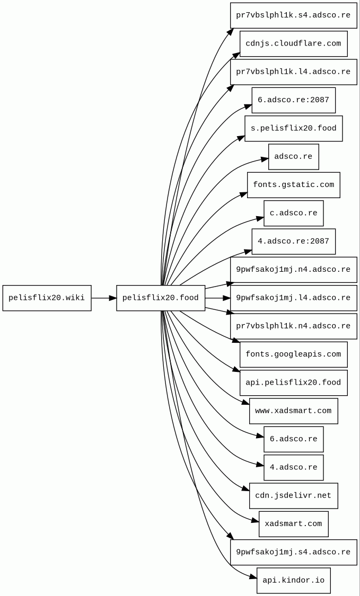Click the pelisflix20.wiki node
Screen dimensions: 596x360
47,298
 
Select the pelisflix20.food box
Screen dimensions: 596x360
161,298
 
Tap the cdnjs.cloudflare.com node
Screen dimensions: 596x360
293,43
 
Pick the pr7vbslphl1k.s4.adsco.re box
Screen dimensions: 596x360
293,15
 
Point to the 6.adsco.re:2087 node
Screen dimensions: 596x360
293,100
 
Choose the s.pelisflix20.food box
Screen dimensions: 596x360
293,128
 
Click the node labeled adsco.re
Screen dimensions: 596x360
293,157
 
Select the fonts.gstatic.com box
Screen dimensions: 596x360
293,185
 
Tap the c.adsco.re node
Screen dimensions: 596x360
293,213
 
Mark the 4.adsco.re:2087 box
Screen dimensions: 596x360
293,241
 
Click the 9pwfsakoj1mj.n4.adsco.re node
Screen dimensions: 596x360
293,270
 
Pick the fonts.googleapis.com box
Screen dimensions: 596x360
293,354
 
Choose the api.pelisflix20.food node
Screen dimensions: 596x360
293,382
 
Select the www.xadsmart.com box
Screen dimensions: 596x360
293,411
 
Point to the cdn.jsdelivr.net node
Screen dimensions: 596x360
293,495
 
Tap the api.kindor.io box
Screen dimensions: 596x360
293,580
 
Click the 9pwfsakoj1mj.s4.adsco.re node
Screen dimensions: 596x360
293,552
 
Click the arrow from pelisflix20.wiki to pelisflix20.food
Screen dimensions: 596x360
103,298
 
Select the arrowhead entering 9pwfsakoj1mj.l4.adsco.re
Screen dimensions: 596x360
226,298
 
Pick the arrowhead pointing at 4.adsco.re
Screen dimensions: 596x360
260,466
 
